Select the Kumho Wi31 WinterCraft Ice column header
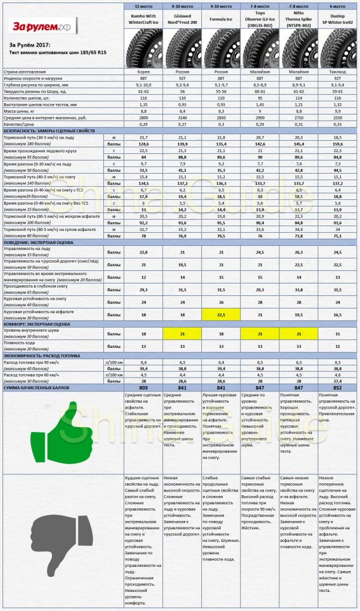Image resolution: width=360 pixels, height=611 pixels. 143,18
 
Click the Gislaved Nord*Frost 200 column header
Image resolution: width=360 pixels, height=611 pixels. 182,18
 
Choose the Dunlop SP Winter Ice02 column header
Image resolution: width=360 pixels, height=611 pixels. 339,18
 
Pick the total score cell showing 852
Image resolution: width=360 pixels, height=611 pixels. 339,387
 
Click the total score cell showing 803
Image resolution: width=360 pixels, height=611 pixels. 143,387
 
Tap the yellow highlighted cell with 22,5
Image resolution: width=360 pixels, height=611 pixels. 221,313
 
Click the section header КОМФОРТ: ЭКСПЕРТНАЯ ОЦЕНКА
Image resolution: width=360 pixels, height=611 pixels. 48,323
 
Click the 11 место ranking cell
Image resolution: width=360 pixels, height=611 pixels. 143,5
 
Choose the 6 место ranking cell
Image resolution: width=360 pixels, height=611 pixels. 339,5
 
